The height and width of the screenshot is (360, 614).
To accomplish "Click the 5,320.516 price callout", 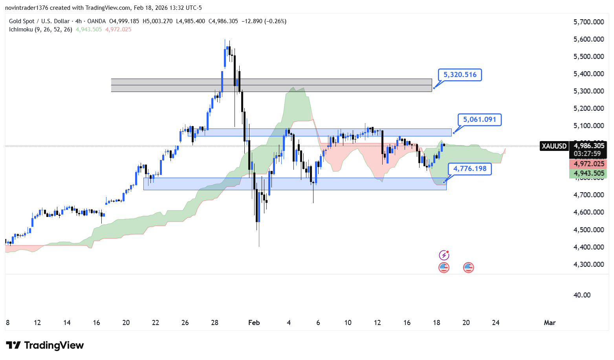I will [x=460, y=75].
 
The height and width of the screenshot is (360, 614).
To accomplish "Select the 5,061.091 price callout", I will [x=479, y=119].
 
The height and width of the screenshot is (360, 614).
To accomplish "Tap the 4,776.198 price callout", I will [x=469, y=169].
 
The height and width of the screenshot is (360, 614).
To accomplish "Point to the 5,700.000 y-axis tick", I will [x=588, y=22].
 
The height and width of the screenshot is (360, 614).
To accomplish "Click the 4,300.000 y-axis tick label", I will [x=588, y=264].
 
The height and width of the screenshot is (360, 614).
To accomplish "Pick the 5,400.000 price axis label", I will [x=588, y=74].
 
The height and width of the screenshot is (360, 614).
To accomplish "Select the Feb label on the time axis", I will [x=254, y=323].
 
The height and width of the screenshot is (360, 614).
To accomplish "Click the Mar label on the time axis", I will [x=550, y=323].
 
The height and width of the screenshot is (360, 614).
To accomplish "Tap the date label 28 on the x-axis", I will [x=214, y=323].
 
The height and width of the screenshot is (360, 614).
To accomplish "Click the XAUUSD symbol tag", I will [x=554, y=146].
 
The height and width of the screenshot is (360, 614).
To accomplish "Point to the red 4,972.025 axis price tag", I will [x=588, y=164].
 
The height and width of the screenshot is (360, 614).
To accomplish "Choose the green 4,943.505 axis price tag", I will [x=588, y=173].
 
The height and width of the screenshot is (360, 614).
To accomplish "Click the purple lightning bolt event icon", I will [x=444, y=255].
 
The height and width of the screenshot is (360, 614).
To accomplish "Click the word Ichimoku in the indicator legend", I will [x=21, y=29].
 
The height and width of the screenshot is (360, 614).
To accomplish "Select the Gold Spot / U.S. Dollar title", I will [x=39, y=21].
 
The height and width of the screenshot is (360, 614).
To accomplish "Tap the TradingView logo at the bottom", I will [x=45, y=345].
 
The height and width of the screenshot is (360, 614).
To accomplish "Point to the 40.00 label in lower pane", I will [x=582, y=295].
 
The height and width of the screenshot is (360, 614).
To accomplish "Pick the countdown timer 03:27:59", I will [x=587, y=154].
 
